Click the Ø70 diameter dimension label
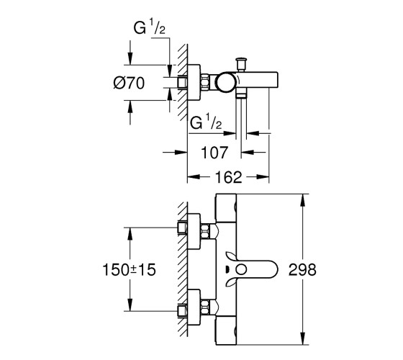click(129, 83)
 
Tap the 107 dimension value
click(214, 153)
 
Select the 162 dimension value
click(229, 177)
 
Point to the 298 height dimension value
click(302, 270)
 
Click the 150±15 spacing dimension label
click(129, 270)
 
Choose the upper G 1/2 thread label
click(150, 27)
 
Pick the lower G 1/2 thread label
click(206, 122)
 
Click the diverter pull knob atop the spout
click(241, 64)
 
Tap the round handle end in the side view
click(226, 82)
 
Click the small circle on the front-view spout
click(241, 270)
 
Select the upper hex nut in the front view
click(205, 231)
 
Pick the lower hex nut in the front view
click(205, 307)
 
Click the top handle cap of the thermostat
click(226, 208)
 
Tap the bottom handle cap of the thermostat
click(226, 330)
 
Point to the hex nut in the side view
click(205, 82)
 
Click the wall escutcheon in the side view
click(194, 82)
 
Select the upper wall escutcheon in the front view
click(194, 231)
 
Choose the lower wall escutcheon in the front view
click(194, 307)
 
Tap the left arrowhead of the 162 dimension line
click(194, 177)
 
